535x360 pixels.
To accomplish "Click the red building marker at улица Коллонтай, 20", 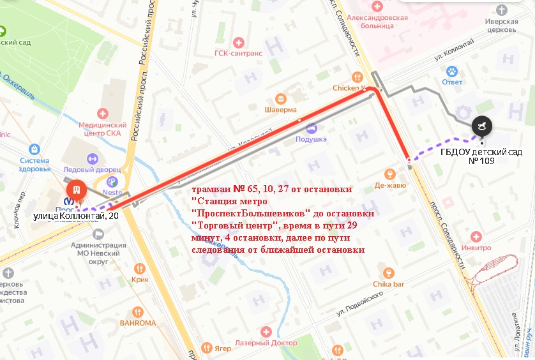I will click(76, 190).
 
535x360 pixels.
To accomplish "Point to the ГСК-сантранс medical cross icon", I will click(239, 42).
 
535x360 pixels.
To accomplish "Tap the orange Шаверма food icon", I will click(280, 98).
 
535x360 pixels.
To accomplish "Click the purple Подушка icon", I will click(312, 128).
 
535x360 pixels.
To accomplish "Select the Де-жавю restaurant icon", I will click(391, 174).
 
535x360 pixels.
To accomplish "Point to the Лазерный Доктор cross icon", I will click(266, 332).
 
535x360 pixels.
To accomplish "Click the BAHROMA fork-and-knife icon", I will click(137, 311).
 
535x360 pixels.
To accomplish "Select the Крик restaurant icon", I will click(139, 269).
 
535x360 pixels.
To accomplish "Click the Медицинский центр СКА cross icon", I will click(102, 113).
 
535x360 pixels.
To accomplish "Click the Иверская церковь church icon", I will click(501, 10).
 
